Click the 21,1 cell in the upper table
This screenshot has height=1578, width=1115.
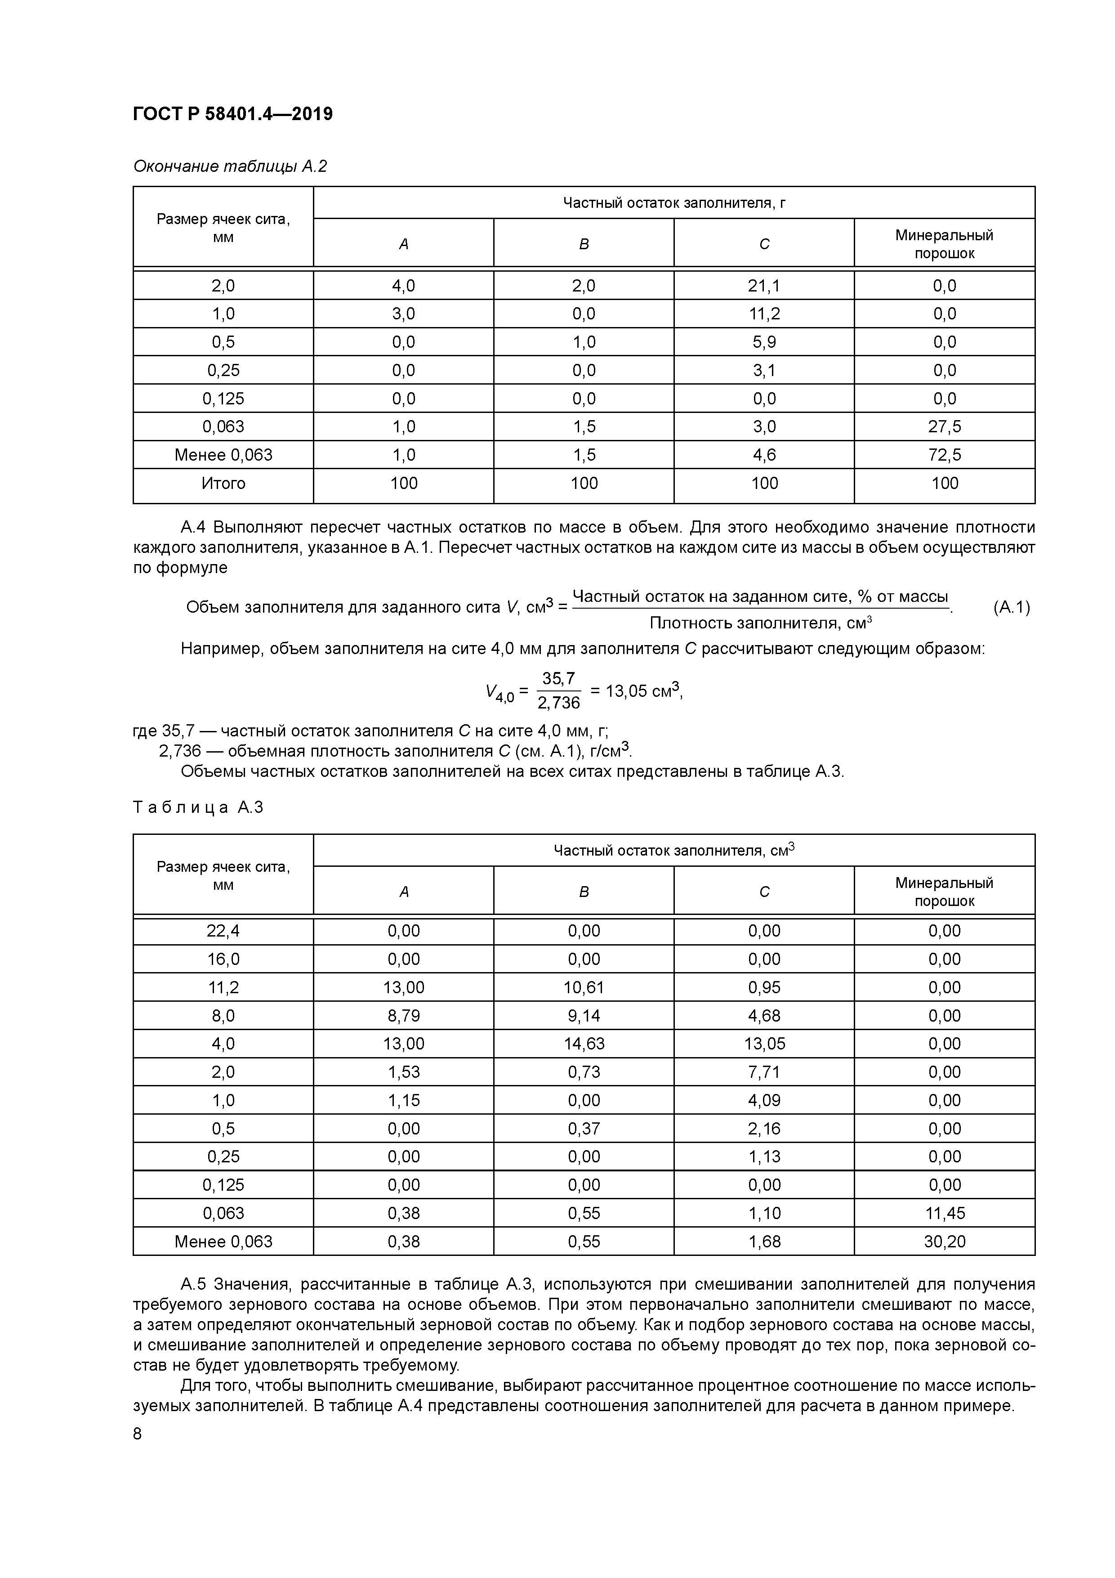[763, 285]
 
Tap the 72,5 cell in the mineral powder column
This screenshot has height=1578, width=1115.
[944, 455]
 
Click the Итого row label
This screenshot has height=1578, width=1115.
[223, 483]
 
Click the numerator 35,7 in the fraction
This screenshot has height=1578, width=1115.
[558, 678]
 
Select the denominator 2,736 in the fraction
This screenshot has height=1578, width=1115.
[558, 702]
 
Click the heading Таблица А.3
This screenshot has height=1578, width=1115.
[198, 807]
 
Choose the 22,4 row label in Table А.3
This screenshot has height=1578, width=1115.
[223, 931]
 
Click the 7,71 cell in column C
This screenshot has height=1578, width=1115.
[763, 1072]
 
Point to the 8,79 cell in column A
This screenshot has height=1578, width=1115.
[403, 1016]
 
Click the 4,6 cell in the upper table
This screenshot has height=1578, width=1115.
[763, 455]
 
